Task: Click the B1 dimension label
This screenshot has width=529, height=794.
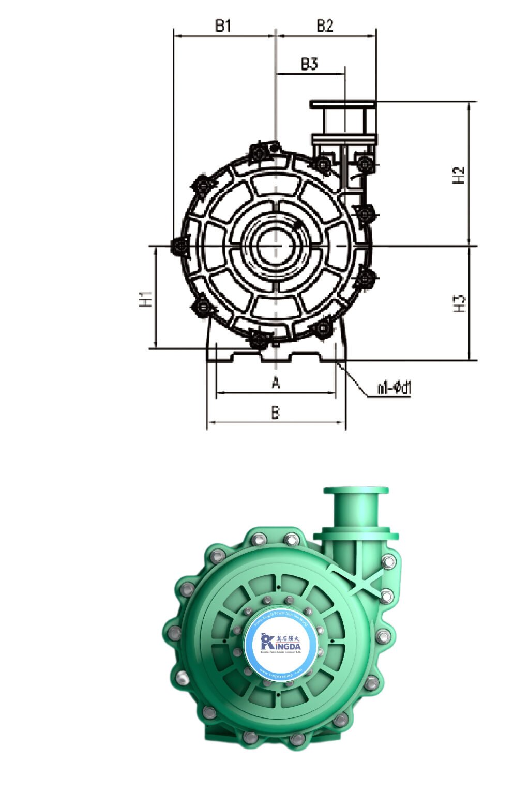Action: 223,25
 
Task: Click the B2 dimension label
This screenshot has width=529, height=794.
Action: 325,25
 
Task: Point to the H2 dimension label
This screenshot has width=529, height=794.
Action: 459,175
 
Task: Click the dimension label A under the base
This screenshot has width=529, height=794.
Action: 276,383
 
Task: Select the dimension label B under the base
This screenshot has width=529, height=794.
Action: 276,412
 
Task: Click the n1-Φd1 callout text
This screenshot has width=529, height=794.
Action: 394,388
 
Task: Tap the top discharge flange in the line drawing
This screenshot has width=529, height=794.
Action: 343,104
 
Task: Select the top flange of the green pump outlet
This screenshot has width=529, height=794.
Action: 356,491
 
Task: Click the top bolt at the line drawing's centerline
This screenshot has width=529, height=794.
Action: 259,151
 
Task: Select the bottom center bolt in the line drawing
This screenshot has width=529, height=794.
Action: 258,340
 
